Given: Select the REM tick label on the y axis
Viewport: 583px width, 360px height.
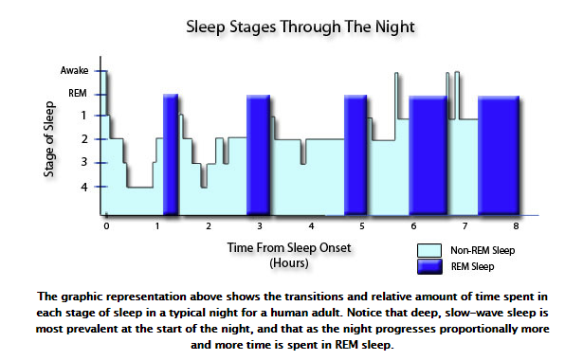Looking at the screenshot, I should pos(79,94).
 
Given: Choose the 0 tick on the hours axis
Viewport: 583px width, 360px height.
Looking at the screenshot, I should pos(106,227).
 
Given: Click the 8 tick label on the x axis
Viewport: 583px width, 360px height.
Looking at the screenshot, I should pos(515,227).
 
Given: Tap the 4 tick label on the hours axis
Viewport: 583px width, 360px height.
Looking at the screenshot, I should pos(311,227).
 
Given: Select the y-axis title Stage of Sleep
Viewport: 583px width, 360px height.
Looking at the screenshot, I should pos(48,139).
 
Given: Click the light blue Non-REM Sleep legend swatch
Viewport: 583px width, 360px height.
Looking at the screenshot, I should pos(430,251).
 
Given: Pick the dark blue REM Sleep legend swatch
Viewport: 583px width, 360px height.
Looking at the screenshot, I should pos(430,267).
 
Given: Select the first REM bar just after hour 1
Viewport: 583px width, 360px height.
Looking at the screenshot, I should pos(171,154).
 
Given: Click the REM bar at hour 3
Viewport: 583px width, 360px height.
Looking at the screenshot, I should pos(258,154).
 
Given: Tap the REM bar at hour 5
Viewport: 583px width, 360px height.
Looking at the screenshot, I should pos(355,154).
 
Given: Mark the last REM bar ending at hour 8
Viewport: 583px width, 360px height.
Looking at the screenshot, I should pos(499,154).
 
